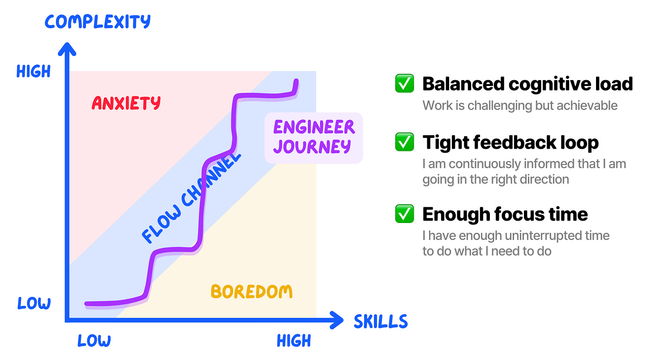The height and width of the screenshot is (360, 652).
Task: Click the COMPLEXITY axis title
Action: tap(98, 21)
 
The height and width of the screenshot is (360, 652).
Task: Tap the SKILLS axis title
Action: tap(381, 321)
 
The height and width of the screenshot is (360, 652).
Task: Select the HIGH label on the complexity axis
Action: tap(34, 71)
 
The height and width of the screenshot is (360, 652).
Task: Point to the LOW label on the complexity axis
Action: tap(34, 303)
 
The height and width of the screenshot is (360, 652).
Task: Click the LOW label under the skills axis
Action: tap(94, 341)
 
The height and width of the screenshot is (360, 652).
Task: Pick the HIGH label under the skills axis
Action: tap(294, 341)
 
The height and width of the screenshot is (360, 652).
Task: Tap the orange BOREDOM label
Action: tap(252, 292)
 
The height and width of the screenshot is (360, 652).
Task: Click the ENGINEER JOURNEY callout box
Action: tap(313, 137)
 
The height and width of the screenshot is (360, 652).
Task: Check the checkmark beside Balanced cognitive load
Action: tap(404, 84)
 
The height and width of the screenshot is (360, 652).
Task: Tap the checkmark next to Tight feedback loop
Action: tap(404, 142)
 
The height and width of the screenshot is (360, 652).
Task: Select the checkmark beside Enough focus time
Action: tap(404, 214)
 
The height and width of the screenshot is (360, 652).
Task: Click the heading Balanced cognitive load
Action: tap(528, 84)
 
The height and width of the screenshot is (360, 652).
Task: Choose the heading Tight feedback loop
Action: tap(510, 142)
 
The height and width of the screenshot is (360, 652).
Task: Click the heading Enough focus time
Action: tap(505, 214)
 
